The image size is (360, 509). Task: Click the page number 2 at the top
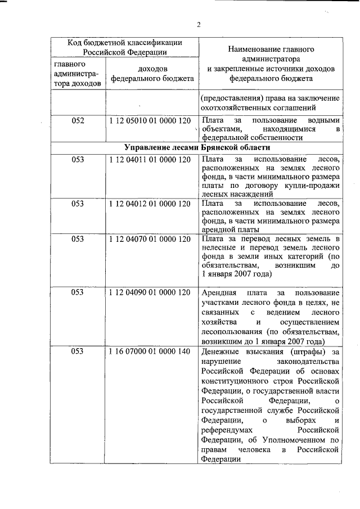198,24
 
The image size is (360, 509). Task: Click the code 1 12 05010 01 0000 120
150,120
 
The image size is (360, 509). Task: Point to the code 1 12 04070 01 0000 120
150,239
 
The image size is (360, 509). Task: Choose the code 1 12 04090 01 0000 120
150,293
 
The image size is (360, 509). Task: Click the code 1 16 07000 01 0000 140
150,352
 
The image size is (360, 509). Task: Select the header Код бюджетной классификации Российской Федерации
124,47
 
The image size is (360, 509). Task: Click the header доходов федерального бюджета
152,74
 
